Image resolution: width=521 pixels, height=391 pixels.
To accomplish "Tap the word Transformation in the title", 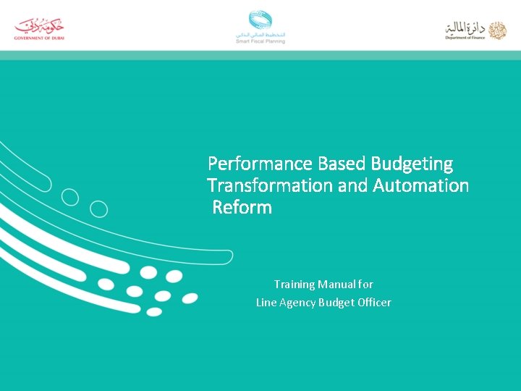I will click(x=270, y=185).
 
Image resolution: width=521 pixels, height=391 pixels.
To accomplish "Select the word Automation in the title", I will click(x=421, y=185).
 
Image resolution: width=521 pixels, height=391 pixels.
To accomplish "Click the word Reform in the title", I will click(x=242, y=208).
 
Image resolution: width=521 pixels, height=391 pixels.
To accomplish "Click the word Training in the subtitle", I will click(x=294, y=285).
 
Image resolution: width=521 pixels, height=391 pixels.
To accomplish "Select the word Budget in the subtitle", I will click(x=336, y=303).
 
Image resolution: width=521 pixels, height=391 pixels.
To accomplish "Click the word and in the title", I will click(x=352, y=185).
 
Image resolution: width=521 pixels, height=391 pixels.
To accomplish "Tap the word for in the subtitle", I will click(x=366, y=285).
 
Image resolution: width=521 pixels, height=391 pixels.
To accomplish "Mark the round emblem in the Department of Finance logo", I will click(x=497, y=30).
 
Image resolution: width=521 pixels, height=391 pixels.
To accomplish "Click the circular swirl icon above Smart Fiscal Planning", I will click(x=260, y=20).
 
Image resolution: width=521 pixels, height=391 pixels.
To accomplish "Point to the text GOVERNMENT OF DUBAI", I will click(x=40, y=37).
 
